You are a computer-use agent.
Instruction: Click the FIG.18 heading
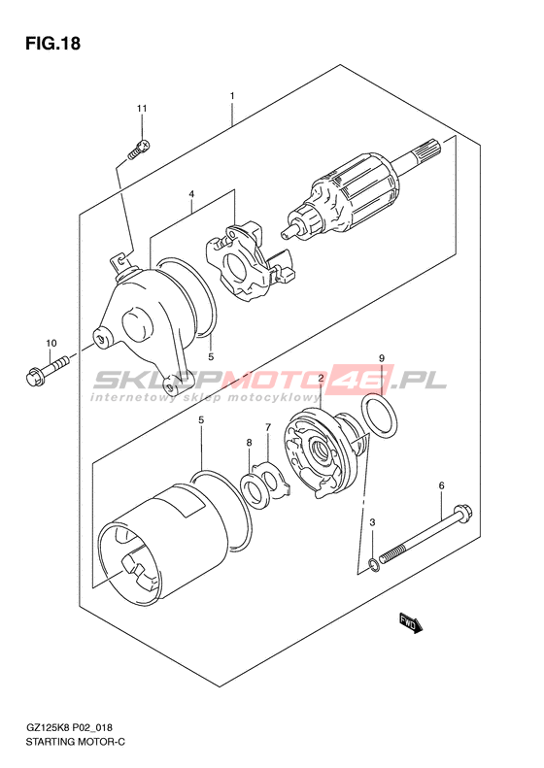point(52,44)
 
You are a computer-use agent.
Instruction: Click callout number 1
point(232,96)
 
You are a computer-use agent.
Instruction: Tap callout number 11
point(142,108)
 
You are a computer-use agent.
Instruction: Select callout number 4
point(191,195)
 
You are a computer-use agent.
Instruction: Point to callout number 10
point(51,344)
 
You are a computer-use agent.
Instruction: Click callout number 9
point(382,358)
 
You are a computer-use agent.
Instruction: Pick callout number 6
point(442,485)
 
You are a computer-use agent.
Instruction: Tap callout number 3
point(372,522)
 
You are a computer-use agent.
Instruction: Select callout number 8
point(249,443)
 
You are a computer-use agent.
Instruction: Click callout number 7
point(268,427)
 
